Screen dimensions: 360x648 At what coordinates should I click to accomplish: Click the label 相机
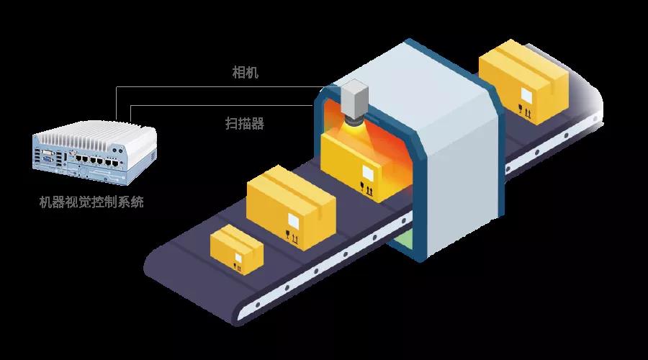pyautogui.click(x=246, y=73)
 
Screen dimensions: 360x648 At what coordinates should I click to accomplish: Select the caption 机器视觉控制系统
pyautogui.click(x=91, y=202)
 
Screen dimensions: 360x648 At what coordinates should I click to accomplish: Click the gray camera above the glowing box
pyautogui.click(x=355, y=102)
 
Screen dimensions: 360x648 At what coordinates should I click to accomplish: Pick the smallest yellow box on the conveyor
pyautogui.click(x=236, y=250)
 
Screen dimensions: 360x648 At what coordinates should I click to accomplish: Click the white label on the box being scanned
pyautogui.click(x=368, y=174)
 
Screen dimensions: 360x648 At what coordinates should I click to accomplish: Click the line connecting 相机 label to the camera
pyautogui.click(x=216, y=87)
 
